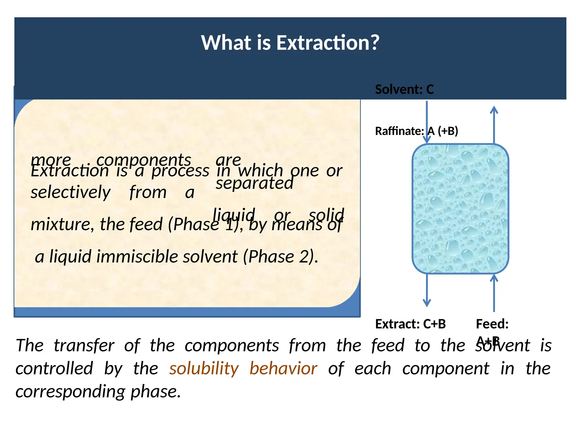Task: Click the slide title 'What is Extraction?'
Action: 290,43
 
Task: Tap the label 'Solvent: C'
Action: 404,89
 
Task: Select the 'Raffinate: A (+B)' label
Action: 416,131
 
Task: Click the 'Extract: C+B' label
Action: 410,324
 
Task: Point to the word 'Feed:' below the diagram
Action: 492,324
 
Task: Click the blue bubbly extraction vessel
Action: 460,209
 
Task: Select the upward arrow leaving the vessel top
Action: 494,124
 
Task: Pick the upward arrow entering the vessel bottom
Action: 494,292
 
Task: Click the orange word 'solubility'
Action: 204,368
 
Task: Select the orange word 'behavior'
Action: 283,368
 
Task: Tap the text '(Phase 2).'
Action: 280,256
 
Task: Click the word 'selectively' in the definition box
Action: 71,192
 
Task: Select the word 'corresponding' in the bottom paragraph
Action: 70,391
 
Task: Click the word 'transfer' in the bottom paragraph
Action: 84,345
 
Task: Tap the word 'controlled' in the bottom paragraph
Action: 54,368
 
